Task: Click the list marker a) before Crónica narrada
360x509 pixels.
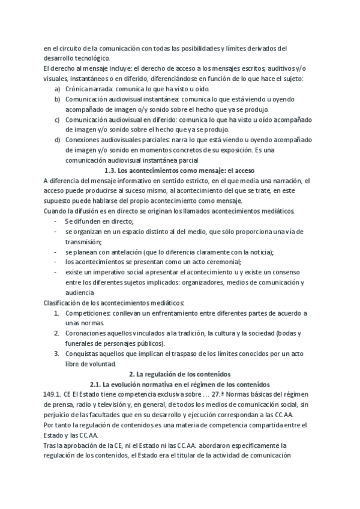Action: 56,88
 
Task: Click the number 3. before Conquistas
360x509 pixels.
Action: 56,354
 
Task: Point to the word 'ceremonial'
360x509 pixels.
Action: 224,262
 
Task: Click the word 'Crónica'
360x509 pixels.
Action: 79,88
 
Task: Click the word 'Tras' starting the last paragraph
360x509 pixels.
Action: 50,445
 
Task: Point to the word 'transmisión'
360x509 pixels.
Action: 85,241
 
